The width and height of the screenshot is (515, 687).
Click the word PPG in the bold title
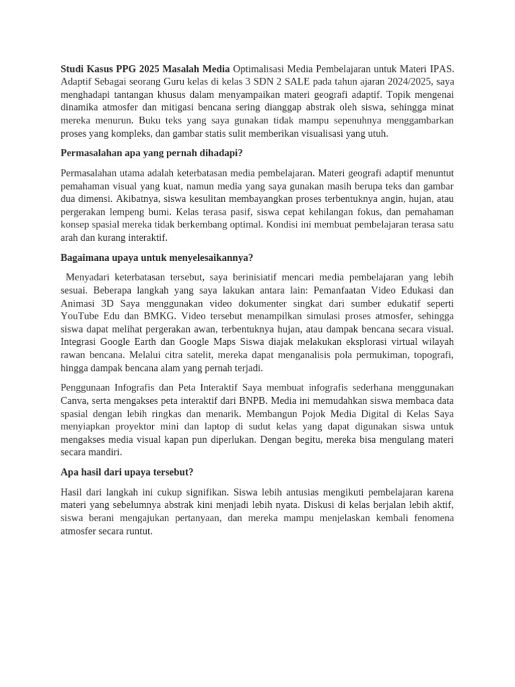[x=125, y=68]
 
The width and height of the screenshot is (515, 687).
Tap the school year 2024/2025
[x=406, y=81]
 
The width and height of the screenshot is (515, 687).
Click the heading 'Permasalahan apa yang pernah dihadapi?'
[x=152, y=153]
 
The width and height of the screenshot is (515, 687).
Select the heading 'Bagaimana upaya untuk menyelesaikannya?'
[x=156, y=258]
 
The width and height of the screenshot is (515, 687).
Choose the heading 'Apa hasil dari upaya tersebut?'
[x=127, y=472]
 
